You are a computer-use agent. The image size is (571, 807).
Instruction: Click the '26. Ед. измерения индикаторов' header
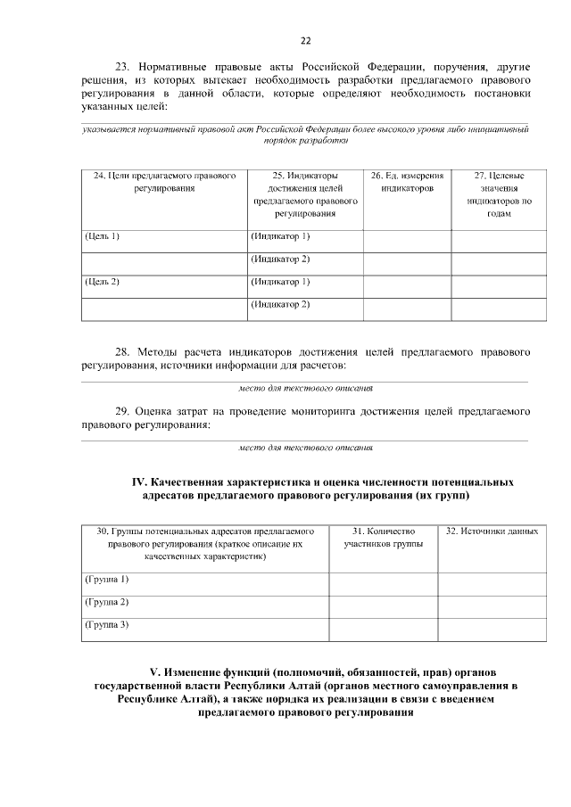tap(406, 183)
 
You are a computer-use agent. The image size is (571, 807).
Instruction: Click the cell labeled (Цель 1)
tap(102, 236)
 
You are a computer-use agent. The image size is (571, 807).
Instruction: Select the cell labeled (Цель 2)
tap(102, 282)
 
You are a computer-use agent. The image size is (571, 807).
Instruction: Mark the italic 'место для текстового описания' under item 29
tap(306, 447)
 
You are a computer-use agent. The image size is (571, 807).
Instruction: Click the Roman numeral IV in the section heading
tap(139, 482)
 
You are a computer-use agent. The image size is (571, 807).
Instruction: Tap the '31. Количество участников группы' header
tap(383, 537)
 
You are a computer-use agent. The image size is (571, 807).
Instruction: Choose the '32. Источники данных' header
tap(492, 531)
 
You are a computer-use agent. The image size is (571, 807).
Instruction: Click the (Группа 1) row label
tap(106, 579)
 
